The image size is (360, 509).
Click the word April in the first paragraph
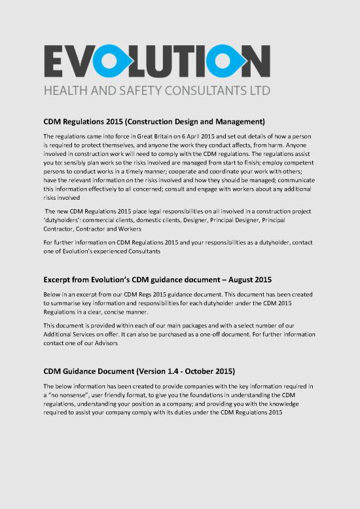click(189, 136)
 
